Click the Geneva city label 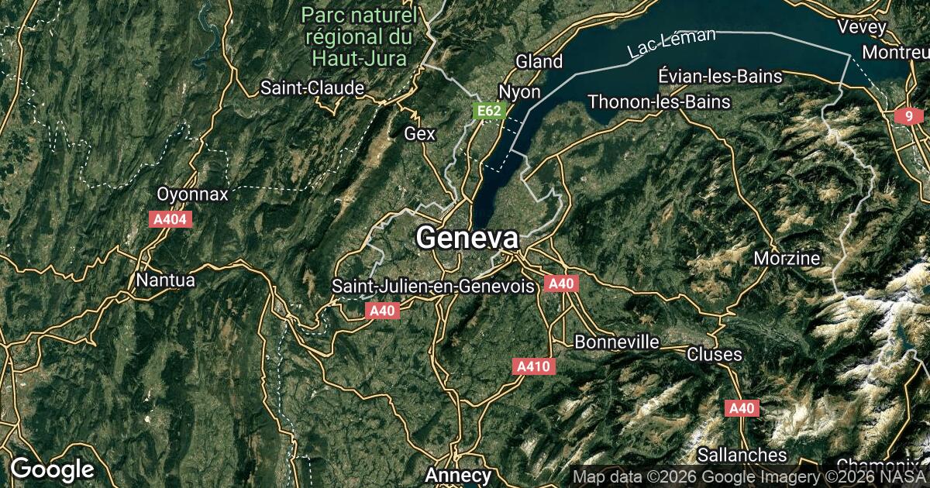coord(467,238)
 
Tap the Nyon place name coord(519,91)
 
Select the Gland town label coord(539,61)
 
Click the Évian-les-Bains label coord(720,76)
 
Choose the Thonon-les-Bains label coord(659,101)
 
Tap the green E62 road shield coord(489,111)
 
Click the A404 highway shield coord(170,219)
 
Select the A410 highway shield coord(534,366)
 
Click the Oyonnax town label coord(192,194)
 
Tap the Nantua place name coord(165,280)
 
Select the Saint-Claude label coord(312,88)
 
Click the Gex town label coord(420,133)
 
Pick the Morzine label coord(787,257)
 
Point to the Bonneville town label coord(617,342)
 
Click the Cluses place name coord(715,354)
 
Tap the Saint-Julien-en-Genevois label coord(433,286)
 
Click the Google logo coord(52,469)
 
